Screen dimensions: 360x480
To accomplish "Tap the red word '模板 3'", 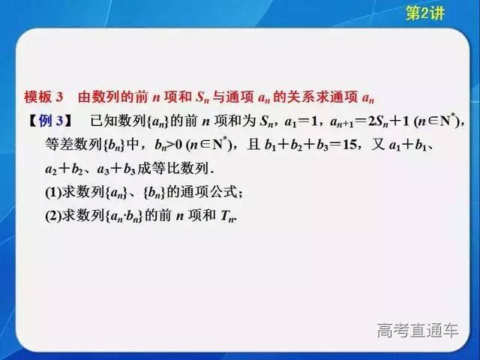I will point(46,98).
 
